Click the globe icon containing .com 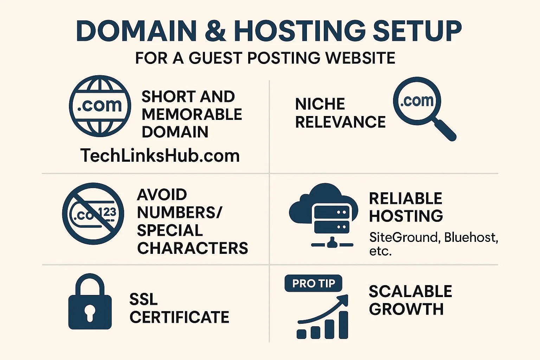[x=100, y=106]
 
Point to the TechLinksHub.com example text [x=160, y=155]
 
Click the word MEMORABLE [x=192, y=114]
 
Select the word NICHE [x=320, y=104]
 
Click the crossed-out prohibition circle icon [x=93, y=213]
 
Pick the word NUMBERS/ [x=179, y=212]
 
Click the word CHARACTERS [x=192, y=248]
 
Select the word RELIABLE [x=405, y=199]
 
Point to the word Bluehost [x=470, y=238]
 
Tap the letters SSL [x=143, y=299]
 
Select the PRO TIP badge [x=313, y=283]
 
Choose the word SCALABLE [x=410, y=291]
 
